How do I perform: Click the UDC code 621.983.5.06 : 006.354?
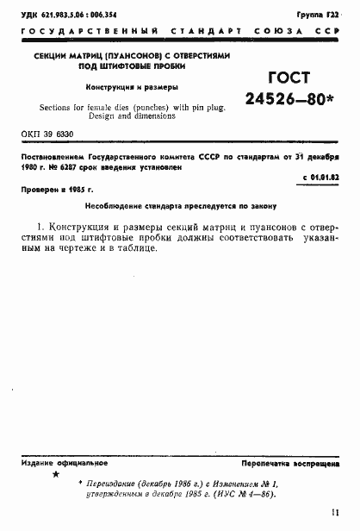pos(72,16)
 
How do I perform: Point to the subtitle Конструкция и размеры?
pos(132,88)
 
